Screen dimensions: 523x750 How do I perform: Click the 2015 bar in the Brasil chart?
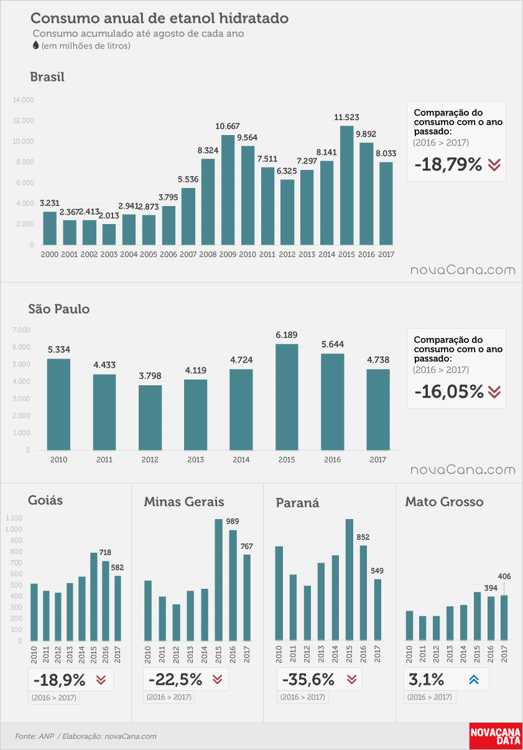pos(346,185)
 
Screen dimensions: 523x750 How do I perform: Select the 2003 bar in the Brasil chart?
pos(109,235)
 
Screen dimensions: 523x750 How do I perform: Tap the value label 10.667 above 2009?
pos(228,126)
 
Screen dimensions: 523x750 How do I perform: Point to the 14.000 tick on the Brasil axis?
pos(24,100)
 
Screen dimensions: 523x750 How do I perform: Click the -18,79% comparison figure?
pos(448,164)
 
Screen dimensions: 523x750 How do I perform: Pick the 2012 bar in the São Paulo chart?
pos(150,418)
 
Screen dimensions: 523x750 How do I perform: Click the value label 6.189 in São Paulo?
pos(287,335)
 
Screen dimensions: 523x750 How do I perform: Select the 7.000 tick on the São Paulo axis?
pos(21,330)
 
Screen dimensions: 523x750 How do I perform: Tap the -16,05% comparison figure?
pos(449,391)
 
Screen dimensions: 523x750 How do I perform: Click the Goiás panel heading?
pos(45,500)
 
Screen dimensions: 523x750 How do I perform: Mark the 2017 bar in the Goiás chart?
pos(118,608)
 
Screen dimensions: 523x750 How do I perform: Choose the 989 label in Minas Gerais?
pos(233,522)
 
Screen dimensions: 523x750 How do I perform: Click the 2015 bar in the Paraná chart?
pos(349,579)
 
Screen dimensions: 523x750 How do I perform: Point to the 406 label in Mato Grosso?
pos(504,576)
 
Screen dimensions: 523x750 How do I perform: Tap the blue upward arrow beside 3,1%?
pos(474,679)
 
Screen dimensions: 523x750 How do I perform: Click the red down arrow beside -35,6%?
pos(352,679)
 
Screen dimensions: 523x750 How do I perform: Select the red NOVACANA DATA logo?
pos(496,736)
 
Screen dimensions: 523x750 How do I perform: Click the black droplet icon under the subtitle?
pos(35,45)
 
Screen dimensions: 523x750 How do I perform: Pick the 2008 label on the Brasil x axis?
pos(208,255)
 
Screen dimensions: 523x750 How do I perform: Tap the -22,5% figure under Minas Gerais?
pos(175,679)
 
